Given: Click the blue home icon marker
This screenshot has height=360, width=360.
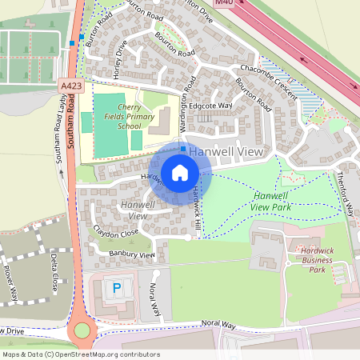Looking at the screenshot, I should (x=180, y=172).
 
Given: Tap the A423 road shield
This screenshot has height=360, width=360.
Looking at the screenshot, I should (x=69, y=84).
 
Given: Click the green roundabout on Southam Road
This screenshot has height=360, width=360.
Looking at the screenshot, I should (x=81, y=330).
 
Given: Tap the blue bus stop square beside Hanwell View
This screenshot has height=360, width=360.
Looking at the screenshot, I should (x=183, y=150).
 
